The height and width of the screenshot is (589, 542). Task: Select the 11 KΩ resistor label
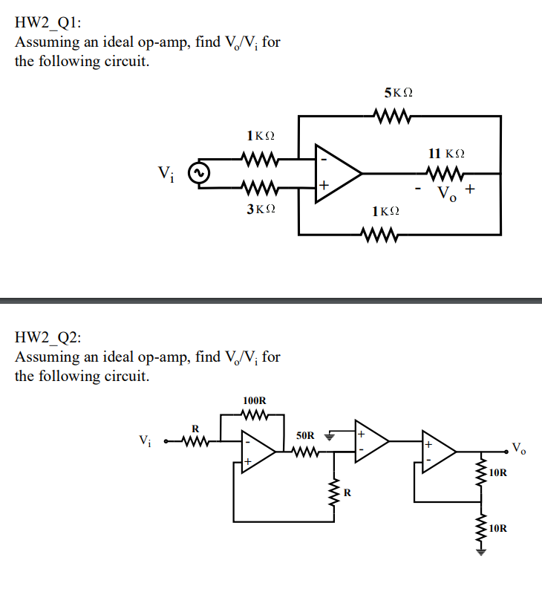pos(447,153)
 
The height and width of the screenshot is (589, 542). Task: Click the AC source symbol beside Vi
pos(198,174)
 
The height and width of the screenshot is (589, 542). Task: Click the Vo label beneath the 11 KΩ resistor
pos(446,195)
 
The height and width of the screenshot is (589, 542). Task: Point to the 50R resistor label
pos(305,435)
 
